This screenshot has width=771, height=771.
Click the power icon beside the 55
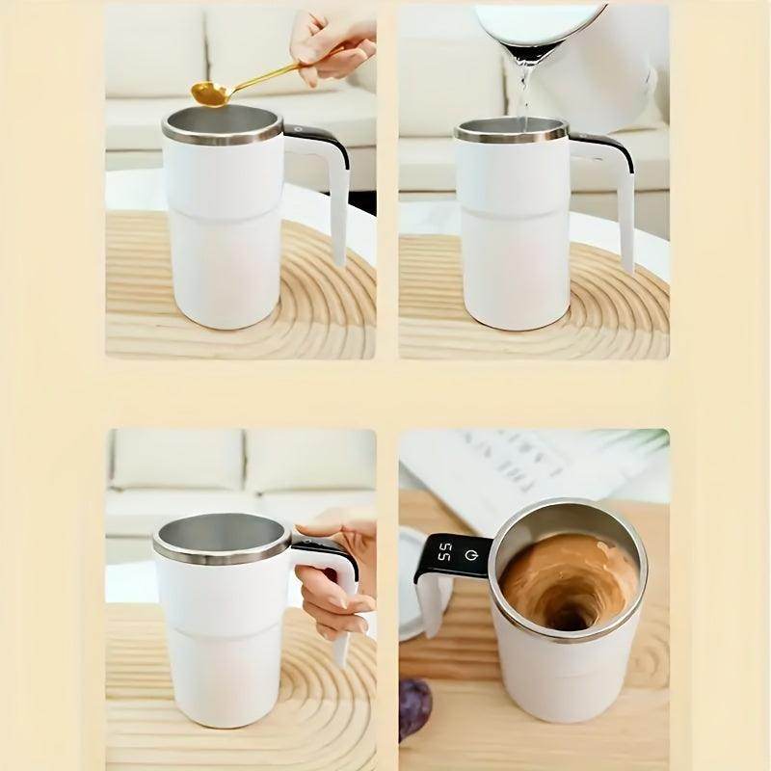(470, 555)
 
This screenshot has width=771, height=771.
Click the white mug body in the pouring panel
(511, 241)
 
